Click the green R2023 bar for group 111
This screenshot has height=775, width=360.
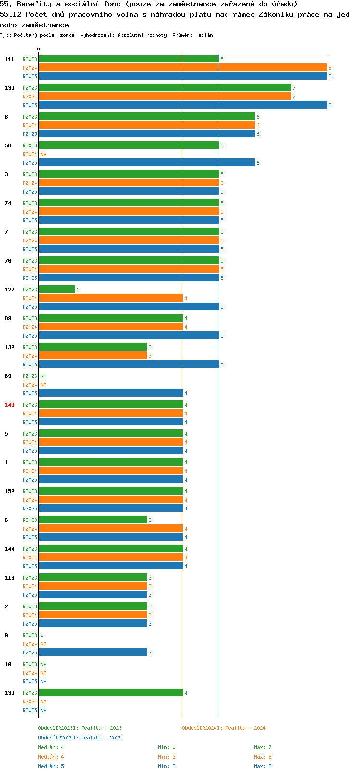tap(129, 59)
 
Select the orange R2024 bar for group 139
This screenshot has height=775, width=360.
tap(165, 96)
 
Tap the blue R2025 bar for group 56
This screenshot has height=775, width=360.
tap(146, 162)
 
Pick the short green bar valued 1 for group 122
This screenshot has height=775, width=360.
tap(57, 289)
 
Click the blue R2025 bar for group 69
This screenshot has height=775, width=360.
tap(111, 393)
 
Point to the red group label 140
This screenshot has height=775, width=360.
tap(9, 405)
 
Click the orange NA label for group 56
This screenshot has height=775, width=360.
tap(43, 154)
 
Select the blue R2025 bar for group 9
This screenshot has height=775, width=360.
tap(93, 652)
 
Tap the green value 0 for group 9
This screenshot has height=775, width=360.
tap(42, 635)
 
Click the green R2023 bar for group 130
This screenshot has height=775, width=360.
tap(111, 692)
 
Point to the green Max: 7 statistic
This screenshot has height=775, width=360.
tap(263, 747)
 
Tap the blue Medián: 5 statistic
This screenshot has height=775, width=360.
tap(51, 766)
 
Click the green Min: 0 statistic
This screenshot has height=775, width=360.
tap(167, 747)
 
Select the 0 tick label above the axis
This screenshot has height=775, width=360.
tap(38, 49)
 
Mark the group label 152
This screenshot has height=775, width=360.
tap(9, 491)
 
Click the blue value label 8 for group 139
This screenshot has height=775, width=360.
tap(330, 105)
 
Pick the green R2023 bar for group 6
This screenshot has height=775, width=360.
tap(93, 520)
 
